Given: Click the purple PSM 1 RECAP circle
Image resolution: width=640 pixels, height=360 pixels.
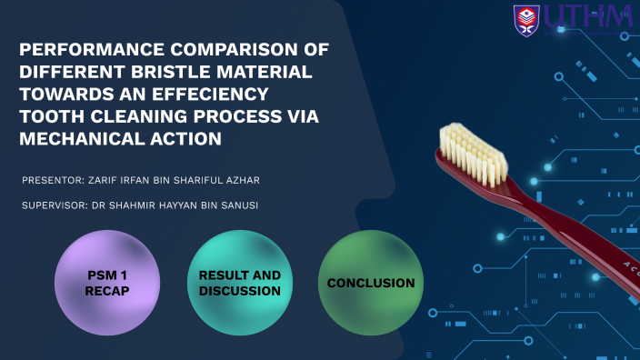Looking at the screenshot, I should pyautogui.click(x=107, y=283).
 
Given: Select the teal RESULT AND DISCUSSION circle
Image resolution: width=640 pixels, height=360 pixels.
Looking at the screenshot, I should pyautogui.click(x=239, y=283).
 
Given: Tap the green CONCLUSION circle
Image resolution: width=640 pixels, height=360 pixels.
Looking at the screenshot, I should pyautogui.click(x=371, y=283).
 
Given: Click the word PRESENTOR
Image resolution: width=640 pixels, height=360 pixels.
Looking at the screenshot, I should pyautogui.click(x=53, y=181).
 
